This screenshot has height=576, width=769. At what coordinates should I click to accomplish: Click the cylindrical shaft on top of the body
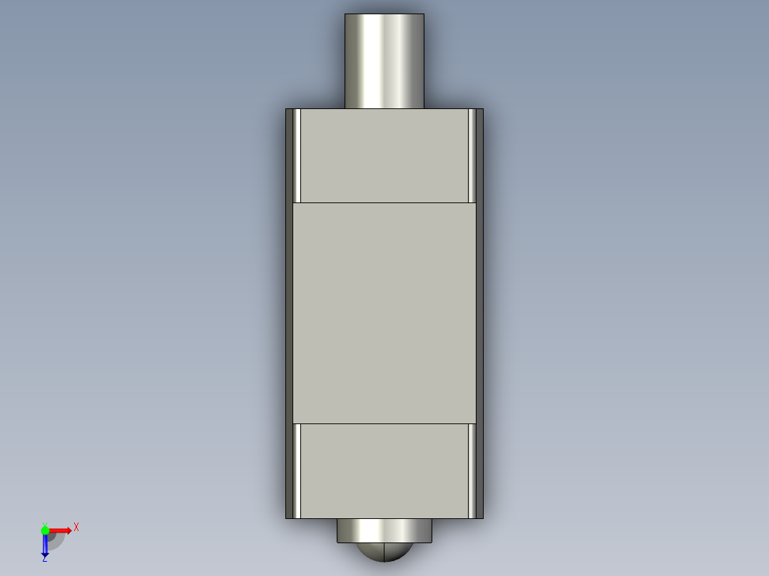click(x=384, y=61)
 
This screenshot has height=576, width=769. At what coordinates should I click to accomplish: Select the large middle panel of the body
click(x=384, y=313)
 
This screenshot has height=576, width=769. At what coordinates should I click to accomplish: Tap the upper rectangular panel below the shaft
click(x=384, y=155)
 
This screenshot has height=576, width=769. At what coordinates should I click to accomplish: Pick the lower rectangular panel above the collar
click(x=384, y=470)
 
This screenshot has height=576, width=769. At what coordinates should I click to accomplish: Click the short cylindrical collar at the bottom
click(x=384, y=530)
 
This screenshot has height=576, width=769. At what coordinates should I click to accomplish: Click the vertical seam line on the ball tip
click(x=385, y=552)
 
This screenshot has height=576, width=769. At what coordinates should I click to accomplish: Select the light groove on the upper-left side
click(x=297, y=155)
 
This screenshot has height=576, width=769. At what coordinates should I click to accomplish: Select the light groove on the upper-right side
click(x=472, y=155)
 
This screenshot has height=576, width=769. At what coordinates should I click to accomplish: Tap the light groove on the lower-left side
click(x=297, y=470)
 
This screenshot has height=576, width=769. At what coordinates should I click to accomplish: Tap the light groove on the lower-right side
click(x=472, y=470)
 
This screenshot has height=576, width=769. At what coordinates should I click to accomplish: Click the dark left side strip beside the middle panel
click(x=289, y=313)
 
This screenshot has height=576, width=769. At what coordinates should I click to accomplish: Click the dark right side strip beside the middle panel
click(x=479, y=313)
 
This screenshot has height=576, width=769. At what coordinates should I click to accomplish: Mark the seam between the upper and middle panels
click(x=384, y=203)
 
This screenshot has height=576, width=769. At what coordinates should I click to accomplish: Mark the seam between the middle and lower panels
click(x=384, y=423)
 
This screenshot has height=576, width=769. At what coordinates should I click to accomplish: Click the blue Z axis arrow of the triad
click(x=45, y=546)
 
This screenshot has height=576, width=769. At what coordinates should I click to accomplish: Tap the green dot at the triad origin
click(x=45, y=530)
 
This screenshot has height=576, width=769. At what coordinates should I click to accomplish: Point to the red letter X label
click(x=76, y=527)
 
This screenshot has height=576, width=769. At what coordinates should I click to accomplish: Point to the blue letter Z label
click(x=44, y=560)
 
